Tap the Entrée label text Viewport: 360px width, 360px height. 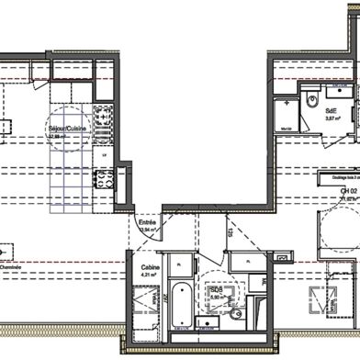click(x=146, y=222)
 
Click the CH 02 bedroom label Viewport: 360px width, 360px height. click(x=322, y=188)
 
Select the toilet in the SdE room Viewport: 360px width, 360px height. click(x=312, y=96)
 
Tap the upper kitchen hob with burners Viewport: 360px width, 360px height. click(x=105, y=118)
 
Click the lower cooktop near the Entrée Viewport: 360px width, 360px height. click(x=103, y=180)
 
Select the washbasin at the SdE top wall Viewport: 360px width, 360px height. click(x=336, y=90)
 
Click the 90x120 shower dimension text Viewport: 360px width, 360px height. click(x=286, y=129)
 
